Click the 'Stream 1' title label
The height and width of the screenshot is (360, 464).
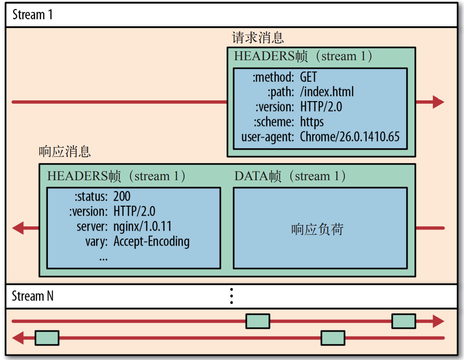click(x=32, y=15)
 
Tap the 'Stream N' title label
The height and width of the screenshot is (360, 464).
click(x=33, y=296)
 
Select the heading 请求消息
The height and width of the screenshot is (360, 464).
click(x=258, y=38)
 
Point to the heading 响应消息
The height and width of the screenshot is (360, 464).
click(x=65, y=151)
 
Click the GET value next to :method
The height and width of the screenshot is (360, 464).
click(x=308, y=77)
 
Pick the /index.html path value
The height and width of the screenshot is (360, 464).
click(x=327, y=92)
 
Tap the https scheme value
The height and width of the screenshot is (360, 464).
click(x=312, y=122)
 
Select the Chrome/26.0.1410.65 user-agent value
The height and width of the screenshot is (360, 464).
click(x=350, y=137)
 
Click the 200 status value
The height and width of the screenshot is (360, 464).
click(x=122, y=196)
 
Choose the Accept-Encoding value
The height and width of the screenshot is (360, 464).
click(x=151, y=242)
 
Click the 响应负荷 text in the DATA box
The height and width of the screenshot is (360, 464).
click(x=317, y=230)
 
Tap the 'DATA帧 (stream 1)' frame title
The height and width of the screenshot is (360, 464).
click(x=290, y=176)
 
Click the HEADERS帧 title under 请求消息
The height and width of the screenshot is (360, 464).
click(x=303, y=56)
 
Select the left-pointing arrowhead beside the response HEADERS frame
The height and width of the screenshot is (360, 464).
click(x=19, y=228)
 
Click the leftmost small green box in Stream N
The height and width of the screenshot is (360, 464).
click(x=47, y=338)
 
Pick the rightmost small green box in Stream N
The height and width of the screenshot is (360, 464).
click(x=403, y=321)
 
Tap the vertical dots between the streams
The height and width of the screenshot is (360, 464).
click(x=232, y=296)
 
